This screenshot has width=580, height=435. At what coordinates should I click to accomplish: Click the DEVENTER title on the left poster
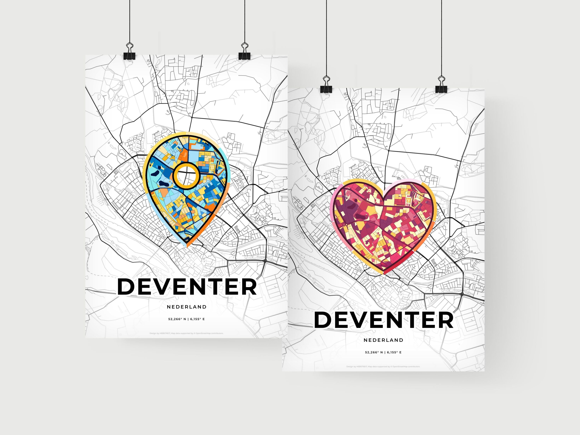tap(187, 286)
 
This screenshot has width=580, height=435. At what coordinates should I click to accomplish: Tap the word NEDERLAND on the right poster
tap(384, 340)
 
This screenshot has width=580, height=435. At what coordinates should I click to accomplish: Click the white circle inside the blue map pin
tap(186, 176)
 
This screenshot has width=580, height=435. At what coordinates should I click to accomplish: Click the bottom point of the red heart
tap(383, 273)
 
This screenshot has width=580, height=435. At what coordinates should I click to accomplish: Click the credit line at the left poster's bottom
tap(186, 333)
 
